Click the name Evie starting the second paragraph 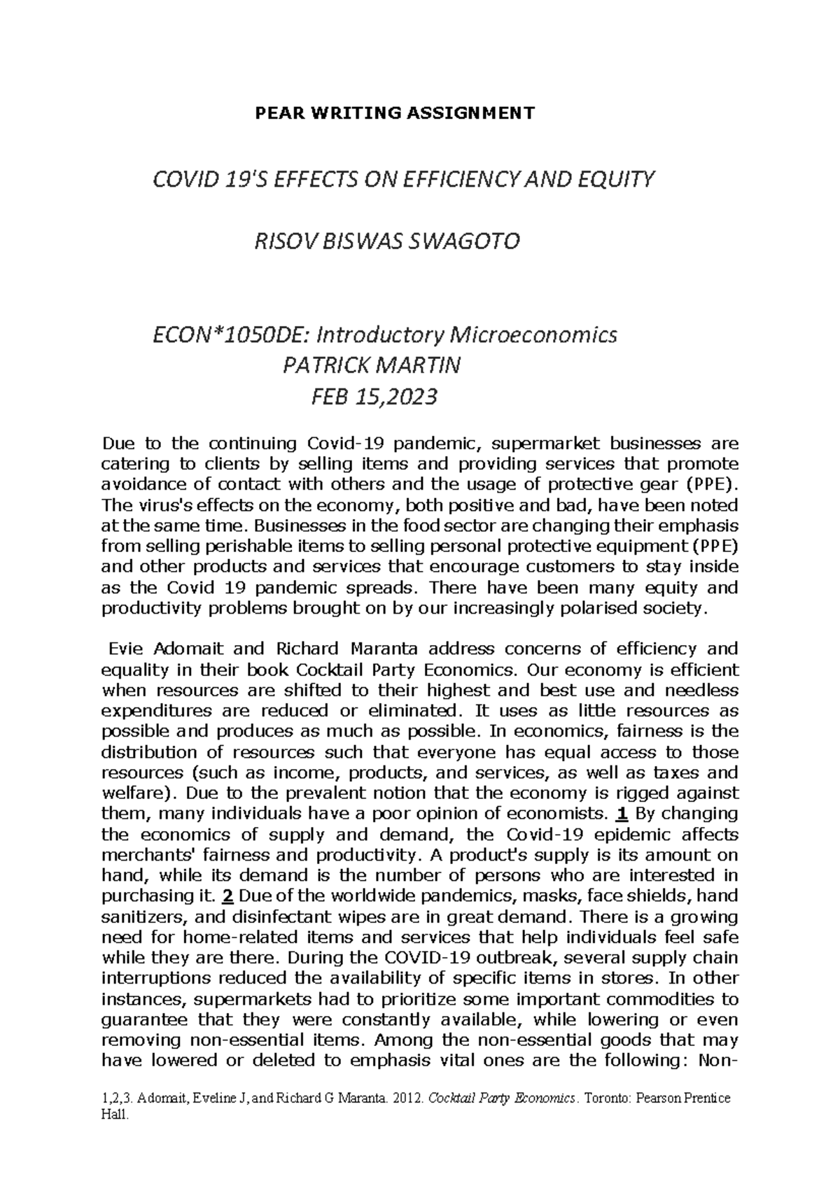point(121,649)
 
